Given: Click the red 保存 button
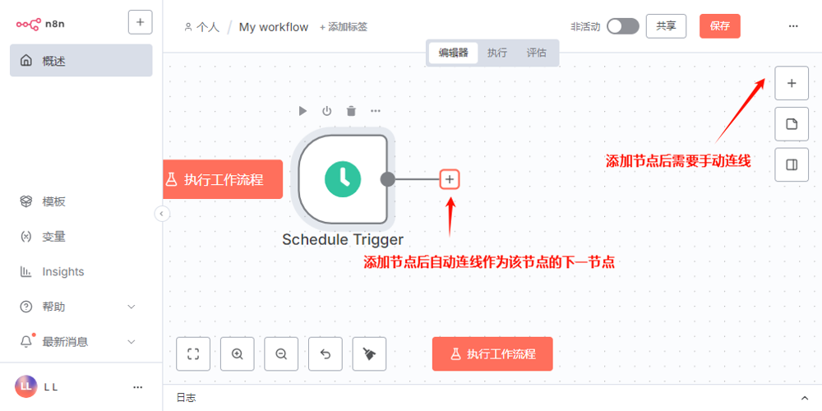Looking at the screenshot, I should click(x=719, y=26).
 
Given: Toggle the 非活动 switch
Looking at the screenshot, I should click(x=622, y=26).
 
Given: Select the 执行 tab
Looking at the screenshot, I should click(x=496, y=53).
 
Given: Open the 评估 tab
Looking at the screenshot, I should click(x=536, y=53).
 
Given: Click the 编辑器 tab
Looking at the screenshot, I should click(x=453, y=53).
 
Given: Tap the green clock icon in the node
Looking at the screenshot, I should click(x=343, y=178).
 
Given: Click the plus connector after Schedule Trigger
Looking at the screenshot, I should click(x=450, y=178).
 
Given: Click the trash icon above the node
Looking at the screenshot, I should click(x=351, y=111).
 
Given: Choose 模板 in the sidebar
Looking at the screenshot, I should click(x=53, y=202).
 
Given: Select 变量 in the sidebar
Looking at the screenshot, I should click(x=53, y=237).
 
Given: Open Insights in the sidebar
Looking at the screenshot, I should click(x=62, y=272).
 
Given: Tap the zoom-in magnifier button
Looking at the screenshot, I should click(x=238, y=354).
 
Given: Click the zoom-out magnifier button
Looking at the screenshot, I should click(x=281, y=354).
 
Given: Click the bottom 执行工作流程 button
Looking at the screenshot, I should click(x=492, y=354).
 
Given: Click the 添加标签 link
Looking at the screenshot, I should click(x=344, y=27).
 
